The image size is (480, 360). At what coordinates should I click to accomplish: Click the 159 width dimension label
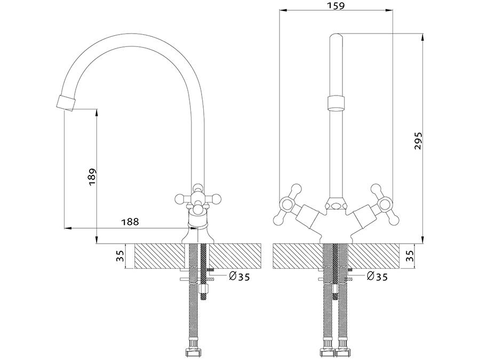click(335, 5)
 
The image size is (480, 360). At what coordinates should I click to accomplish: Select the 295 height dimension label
click(418, 141)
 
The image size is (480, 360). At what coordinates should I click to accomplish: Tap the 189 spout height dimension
click(92, 177)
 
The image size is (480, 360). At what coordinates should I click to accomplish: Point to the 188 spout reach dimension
click(130, 221)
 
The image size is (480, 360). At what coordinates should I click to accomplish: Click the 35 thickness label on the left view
click(120, 255)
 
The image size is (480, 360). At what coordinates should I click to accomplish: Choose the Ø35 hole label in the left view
click(239, 277)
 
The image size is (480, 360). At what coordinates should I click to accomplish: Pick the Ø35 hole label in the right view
click(377, 277)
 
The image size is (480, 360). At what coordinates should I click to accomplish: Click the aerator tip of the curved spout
click(66, 102)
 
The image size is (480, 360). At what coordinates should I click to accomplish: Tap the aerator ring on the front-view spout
click(336, 103)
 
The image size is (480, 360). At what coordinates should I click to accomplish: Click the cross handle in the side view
click(198, 199)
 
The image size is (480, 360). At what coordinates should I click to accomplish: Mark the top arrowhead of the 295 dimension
click(422, 37)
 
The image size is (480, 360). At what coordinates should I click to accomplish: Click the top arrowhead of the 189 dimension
click(97, 113)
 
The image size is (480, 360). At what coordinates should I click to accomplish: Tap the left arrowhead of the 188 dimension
click(68, 228)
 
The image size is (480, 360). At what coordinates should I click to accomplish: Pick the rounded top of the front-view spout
click(336, 36)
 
